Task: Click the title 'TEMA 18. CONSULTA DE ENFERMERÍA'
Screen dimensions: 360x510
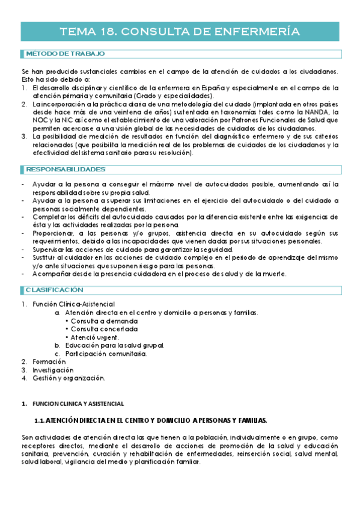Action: [180, 32]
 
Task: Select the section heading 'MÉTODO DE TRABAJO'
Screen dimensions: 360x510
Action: [65, 54]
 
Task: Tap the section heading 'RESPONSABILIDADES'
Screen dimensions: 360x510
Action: [66, 170]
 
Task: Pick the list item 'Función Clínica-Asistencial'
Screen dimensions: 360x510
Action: [73, 304]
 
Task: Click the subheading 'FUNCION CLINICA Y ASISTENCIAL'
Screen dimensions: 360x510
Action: [78, 402]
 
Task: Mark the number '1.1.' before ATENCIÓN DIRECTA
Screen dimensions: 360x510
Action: [39, 419]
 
